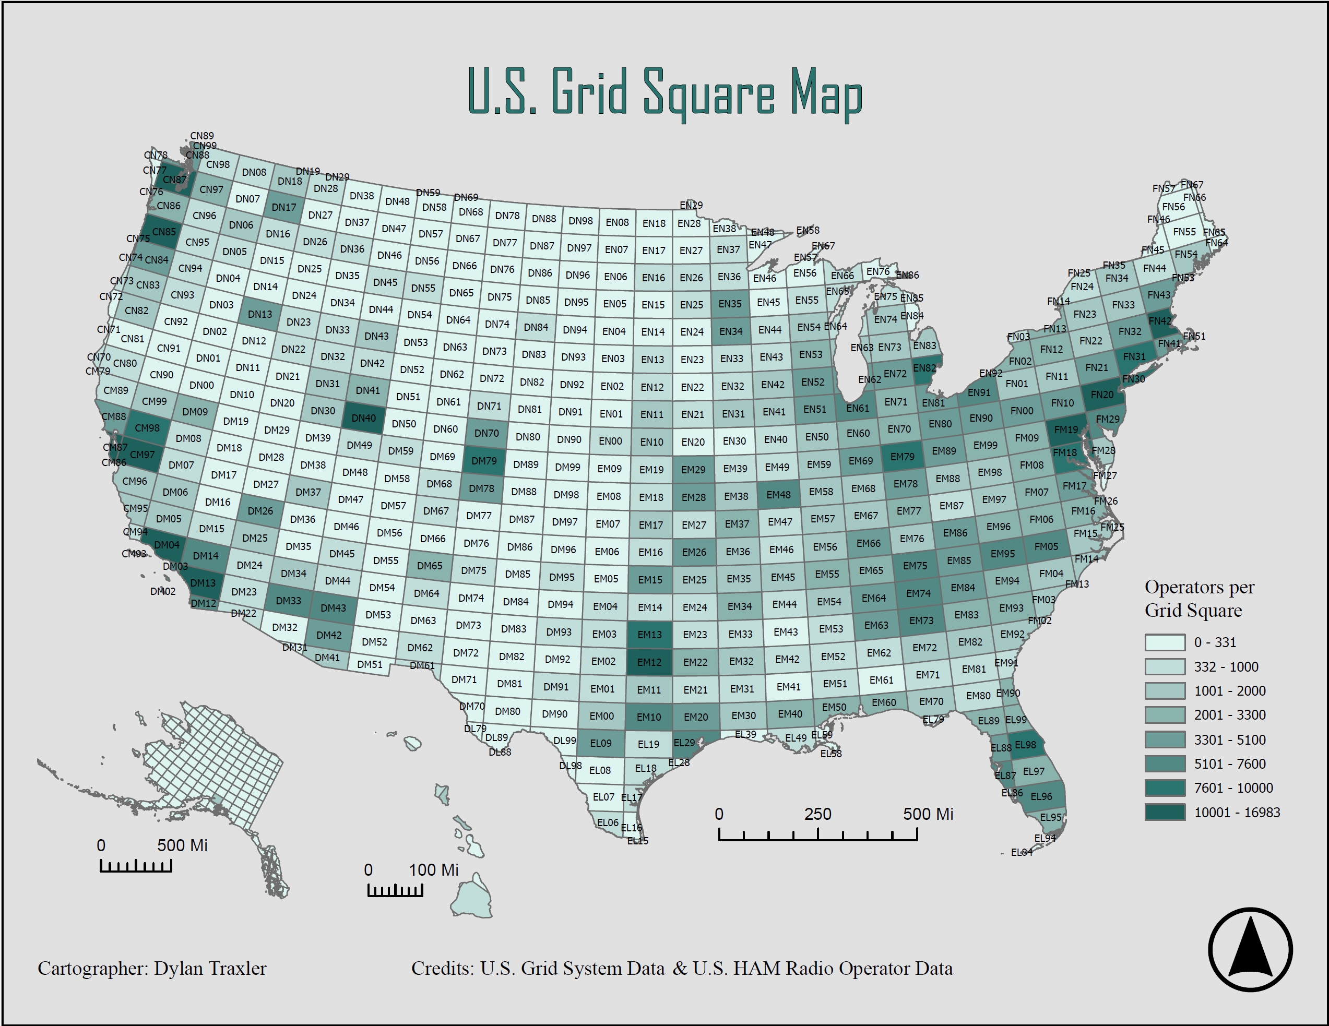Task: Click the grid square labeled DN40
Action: point(364,418)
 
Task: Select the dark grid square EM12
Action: point(649,662)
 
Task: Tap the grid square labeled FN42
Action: point(1159,321)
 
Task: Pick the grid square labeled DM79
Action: point(484,461)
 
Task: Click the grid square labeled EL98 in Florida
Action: point(1025,745)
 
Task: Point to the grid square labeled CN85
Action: point(164,232)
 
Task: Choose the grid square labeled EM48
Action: point(778,495)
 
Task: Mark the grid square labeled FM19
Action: point(1065,430)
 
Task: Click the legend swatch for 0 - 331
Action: point(1165,642)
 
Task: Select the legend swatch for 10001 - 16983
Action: point(1165,813)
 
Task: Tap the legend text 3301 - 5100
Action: point(1229,740)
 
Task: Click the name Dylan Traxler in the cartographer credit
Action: point(210,969)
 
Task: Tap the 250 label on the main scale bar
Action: point(817,814)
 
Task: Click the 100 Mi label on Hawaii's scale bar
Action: point(433,870)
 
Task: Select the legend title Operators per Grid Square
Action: point(1199,599)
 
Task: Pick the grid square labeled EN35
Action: point(730,304)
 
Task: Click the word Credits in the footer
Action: point(443,969)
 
